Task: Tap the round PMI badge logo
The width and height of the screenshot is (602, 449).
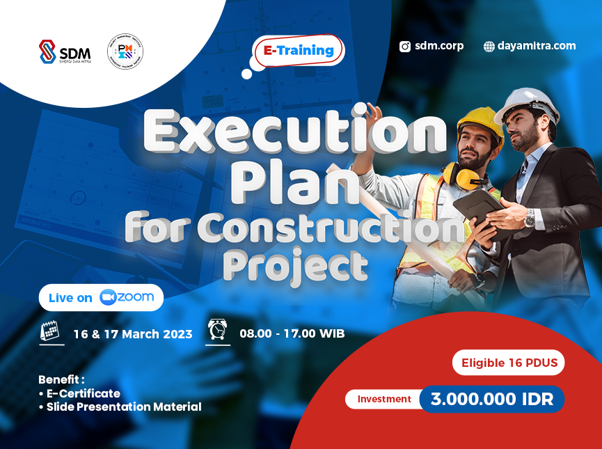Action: click(125, 52)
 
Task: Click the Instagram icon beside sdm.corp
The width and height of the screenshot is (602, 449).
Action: click(405, 47)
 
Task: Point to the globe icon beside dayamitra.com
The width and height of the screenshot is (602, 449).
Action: click(489, 47)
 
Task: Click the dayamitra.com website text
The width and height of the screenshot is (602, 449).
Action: click(537, 46)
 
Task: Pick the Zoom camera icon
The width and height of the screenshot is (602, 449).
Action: click(107, 297)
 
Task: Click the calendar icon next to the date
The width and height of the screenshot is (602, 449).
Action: click(49, 332)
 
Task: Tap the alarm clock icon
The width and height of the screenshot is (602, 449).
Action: click(218, 330)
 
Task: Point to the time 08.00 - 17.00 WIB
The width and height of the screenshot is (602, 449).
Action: click(292, 334)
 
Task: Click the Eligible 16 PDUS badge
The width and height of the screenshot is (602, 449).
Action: click(509, 363)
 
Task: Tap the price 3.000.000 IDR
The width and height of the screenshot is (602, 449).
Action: click(491, 400)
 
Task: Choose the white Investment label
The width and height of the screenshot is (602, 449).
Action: click(384, 400)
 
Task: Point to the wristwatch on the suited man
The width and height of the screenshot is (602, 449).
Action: click(530, 219)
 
